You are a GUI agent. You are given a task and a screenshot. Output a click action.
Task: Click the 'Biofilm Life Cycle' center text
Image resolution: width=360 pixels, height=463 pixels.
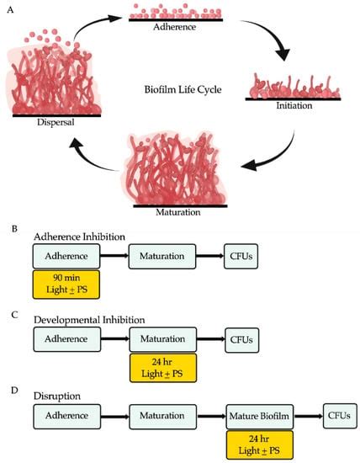coord(180,84)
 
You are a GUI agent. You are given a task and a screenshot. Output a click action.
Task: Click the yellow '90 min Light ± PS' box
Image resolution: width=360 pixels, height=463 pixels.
coord(66,284)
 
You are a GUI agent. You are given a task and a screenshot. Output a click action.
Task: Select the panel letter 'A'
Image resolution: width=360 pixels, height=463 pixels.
coord(8,8)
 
